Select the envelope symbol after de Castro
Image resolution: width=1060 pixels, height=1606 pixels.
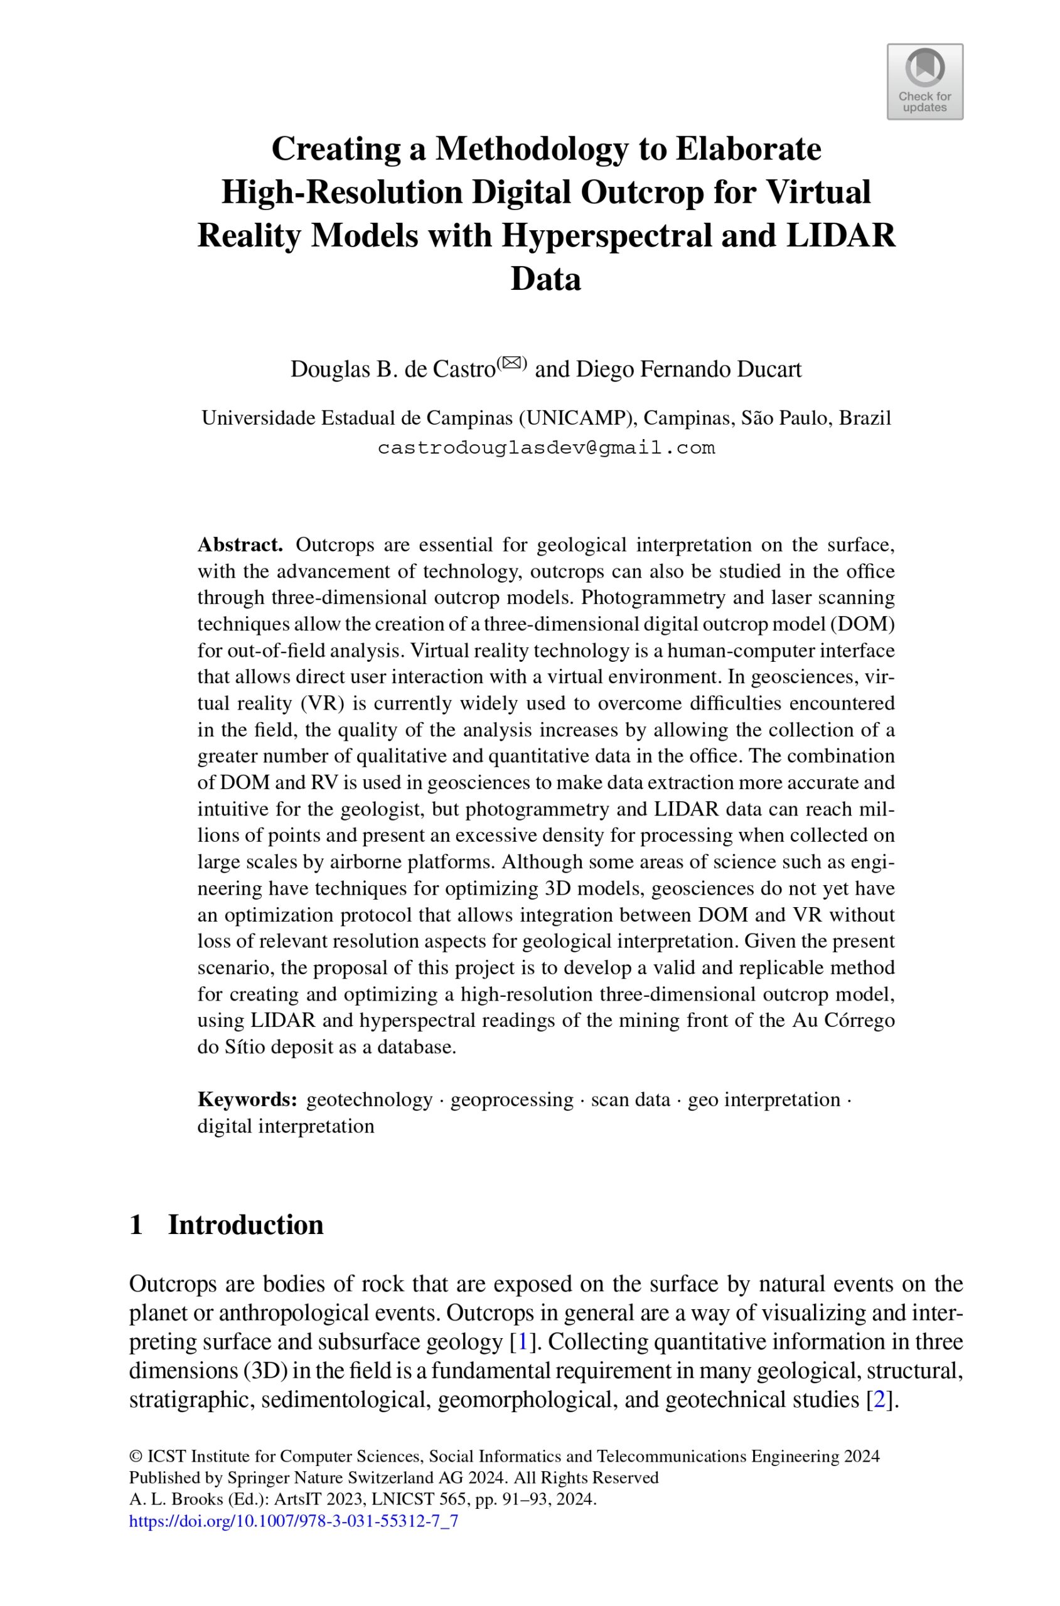pos(511,363)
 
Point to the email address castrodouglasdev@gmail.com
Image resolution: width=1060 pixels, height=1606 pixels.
pos(545,448)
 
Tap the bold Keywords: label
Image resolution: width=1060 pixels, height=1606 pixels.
pos(247,1099)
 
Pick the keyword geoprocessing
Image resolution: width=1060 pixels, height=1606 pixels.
pos(511,1099)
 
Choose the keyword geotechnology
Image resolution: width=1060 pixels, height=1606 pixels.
pos(369,1099)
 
